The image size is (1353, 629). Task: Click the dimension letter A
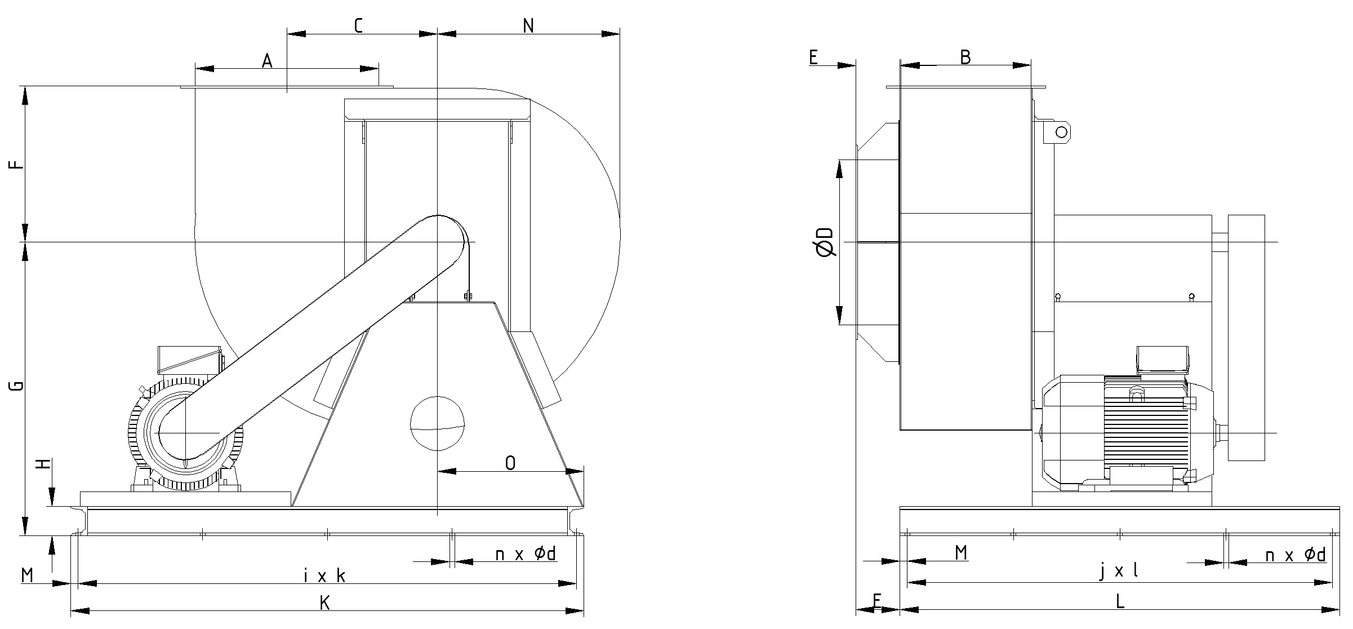pos(267,60)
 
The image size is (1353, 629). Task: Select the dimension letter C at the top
pos(358,25)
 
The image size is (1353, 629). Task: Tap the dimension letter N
pos(528,25)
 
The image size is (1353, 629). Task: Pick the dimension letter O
pos(510,463)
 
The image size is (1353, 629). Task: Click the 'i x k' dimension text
pos(324,576)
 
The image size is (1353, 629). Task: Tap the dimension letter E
pos(813,57)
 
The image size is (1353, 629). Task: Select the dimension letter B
pos(965,57)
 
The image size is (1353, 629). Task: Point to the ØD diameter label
pos(825,242)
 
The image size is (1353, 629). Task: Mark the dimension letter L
pos(1120,601)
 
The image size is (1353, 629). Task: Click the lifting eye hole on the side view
pos(1061,132)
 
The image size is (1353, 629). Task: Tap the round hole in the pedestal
pos(438,423)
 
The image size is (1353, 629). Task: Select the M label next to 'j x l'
pos(961,553)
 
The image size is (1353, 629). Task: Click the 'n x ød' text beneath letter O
pos(526,554)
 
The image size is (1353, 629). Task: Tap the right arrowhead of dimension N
pos(611,34)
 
